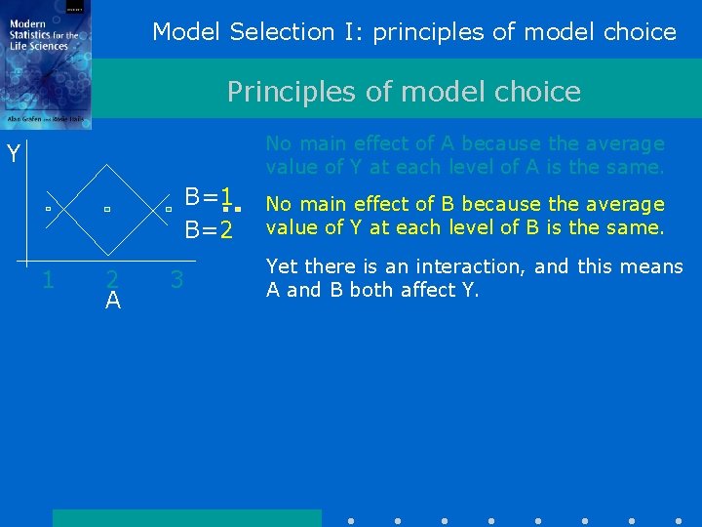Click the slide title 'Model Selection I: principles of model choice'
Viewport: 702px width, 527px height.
[413, 32]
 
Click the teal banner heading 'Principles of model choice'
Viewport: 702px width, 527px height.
[404, 92]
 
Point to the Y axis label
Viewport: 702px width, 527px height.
[14, 154]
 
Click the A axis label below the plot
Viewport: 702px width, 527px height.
[113, 302]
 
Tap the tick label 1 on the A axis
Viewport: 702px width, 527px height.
[47, 281]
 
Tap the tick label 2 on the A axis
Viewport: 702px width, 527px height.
[112, 280]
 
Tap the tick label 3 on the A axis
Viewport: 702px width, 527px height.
[176, 280]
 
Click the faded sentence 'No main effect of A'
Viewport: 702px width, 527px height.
[464, 155]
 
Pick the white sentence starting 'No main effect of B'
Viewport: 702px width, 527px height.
[465, 216]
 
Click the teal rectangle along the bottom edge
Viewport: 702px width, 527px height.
[186, 517]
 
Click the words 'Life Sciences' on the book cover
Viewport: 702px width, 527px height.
[41, 46]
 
